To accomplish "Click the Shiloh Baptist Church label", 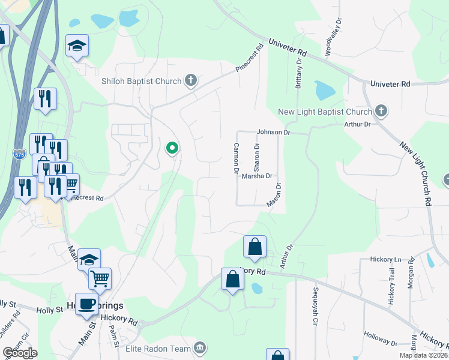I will coord(142,81).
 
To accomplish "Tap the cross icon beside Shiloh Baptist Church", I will coord(191,80).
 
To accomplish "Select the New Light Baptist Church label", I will coord(325,112).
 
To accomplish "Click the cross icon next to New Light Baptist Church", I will coord(381,111).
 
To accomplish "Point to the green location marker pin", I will coord(172,148).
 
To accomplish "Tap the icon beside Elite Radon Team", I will coord(200,347).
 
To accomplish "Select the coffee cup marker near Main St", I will coord(86,303).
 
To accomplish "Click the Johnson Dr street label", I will coord(273,132).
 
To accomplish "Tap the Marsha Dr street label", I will coord(257,176).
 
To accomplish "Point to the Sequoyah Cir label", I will coord(315,307).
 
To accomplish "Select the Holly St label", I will coord(49,310).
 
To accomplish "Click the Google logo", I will coord(20,353).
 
